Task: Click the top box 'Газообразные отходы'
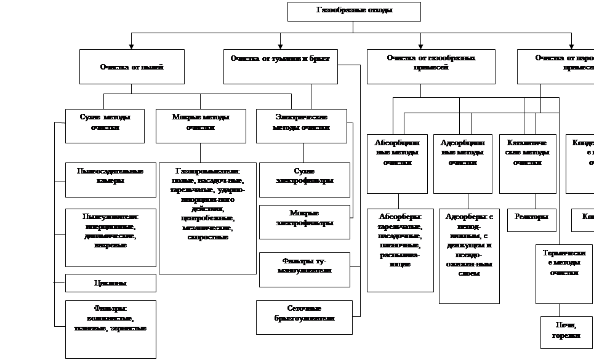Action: [x=354, y=11]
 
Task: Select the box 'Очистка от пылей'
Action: [x=132, y=66]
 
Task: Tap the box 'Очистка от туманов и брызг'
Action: [x=280, y=66]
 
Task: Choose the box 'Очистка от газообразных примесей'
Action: [x=431, y=66]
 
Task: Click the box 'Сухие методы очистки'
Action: [x=105, y=126]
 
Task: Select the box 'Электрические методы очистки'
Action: [x=301, y=126]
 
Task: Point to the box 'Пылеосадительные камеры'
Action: [x=110, y=180]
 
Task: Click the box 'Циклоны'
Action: [x=110, y=283]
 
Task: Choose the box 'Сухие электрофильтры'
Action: [x=304, y=180]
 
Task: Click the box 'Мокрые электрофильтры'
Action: [x=304, y=222]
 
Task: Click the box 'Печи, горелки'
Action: [x=566, y=332]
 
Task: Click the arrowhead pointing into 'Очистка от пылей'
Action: [x=131, y=46]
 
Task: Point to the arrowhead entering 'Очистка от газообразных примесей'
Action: [x=421, y=46]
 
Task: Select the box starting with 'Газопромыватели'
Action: [x=207, y=218]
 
